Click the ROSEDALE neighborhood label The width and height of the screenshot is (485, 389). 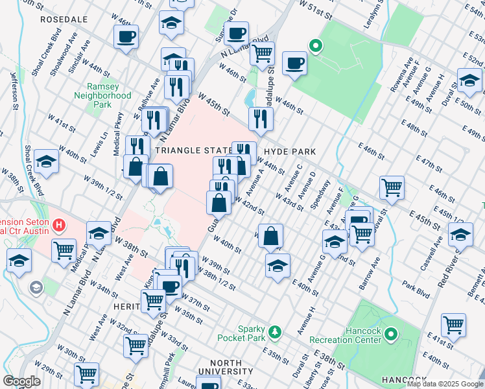click(64, 20)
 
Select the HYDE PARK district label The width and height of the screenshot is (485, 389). click(289, 151)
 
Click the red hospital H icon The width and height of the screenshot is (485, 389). click(59, 226)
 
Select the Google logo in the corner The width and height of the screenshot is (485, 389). click(21, 381)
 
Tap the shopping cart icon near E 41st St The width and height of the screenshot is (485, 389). click(453, 324)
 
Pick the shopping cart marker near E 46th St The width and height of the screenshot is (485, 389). click(392, 187)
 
